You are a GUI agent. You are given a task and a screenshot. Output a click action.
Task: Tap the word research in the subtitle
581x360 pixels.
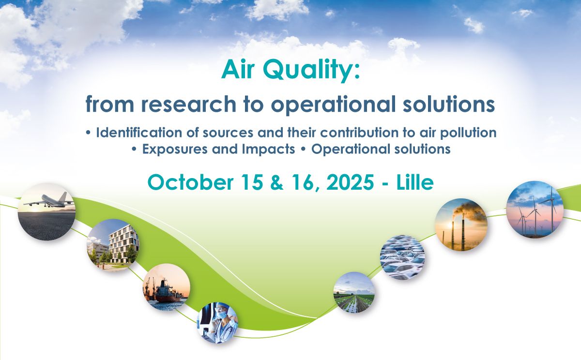click(x=188, y=104)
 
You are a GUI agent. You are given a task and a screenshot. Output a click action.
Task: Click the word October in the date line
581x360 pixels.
click(x=190, y=182)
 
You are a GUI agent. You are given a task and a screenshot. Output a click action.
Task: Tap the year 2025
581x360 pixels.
click(x=350, y=182)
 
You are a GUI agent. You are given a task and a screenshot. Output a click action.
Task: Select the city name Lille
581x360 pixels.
click(x=415, y=182)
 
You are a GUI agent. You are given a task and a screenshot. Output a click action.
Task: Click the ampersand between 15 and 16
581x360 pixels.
click(x=277, y=182)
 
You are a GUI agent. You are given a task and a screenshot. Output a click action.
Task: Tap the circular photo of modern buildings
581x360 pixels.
click(x=112, y=245)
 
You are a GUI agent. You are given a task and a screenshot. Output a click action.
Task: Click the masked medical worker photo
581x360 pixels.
click(x=217, y=323)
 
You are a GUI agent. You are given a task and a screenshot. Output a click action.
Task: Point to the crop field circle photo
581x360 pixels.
click(x=354, y=292)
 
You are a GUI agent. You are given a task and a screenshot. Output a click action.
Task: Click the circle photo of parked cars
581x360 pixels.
click(x=402, y=257)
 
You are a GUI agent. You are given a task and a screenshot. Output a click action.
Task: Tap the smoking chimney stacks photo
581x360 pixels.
click(x=461, y=225)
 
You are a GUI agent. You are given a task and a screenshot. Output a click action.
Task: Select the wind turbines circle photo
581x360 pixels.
click(x=535, y=210)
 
